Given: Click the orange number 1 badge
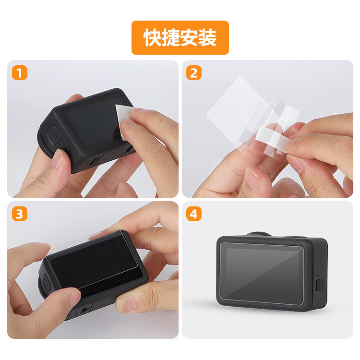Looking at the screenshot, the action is (x=20, y=73).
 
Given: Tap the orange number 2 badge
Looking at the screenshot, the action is (x=194, y=73).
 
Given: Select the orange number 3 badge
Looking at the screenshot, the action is (x=20, y=214).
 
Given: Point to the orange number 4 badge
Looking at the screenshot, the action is (x=194, y=214).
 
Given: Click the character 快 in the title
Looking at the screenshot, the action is (x=153, y=37).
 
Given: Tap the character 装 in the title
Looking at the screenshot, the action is (x=207, y=37).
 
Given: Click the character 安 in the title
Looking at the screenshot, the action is (x=189, y=37).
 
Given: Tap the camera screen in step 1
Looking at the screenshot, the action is (x=92, y=122).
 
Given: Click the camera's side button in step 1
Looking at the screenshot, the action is (x=53, y=135).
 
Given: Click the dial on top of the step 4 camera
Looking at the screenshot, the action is (x=259, y=234).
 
